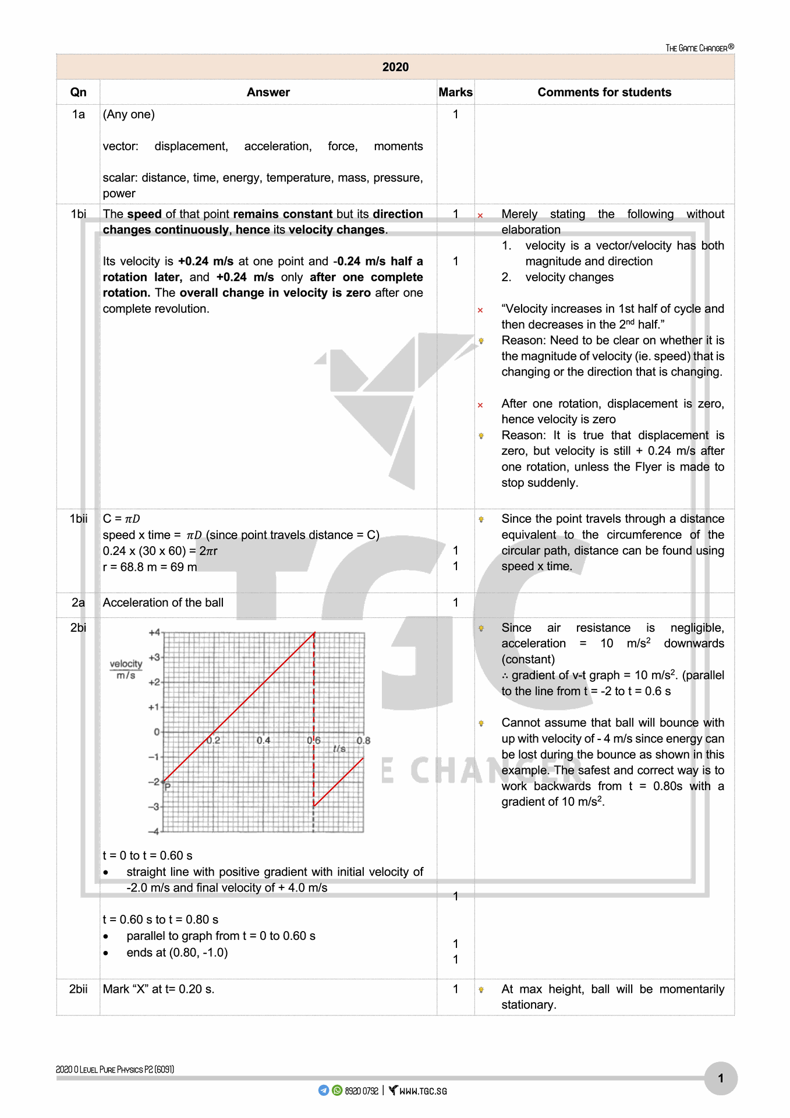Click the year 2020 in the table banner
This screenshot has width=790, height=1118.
[x=395, y=67]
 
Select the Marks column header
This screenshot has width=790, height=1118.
[x=455, y=92]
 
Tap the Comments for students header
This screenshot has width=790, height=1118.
[x=604, y=92]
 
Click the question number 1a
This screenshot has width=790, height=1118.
[x=78, y=114]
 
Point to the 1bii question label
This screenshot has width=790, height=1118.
[x=78, y=519]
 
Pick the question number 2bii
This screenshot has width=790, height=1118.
[x=78, y=989]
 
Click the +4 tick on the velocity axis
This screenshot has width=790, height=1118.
[x=154, y=632]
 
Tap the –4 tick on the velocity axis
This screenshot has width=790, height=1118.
[x=154, y=832]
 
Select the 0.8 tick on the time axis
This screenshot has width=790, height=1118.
[x=363, y=741]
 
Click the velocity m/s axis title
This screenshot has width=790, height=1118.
[x=126, y=669]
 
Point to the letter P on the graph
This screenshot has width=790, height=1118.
[x=168, y=787]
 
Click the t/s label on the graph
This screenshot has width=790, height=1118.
[x=339, y=749]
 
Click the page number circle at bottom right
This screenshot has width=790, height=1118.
[x=720, y=1078]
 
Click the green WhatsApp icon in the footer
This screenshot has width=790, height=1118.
[x=337, y=1090]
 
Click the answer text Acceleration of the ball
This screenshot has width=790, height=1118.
[x=163, y=603]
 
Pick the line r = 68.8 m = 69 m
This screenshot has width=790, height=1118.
[x=150, y=567]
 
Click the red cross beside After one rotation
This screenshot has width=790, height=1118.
[x=480, y=405]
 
